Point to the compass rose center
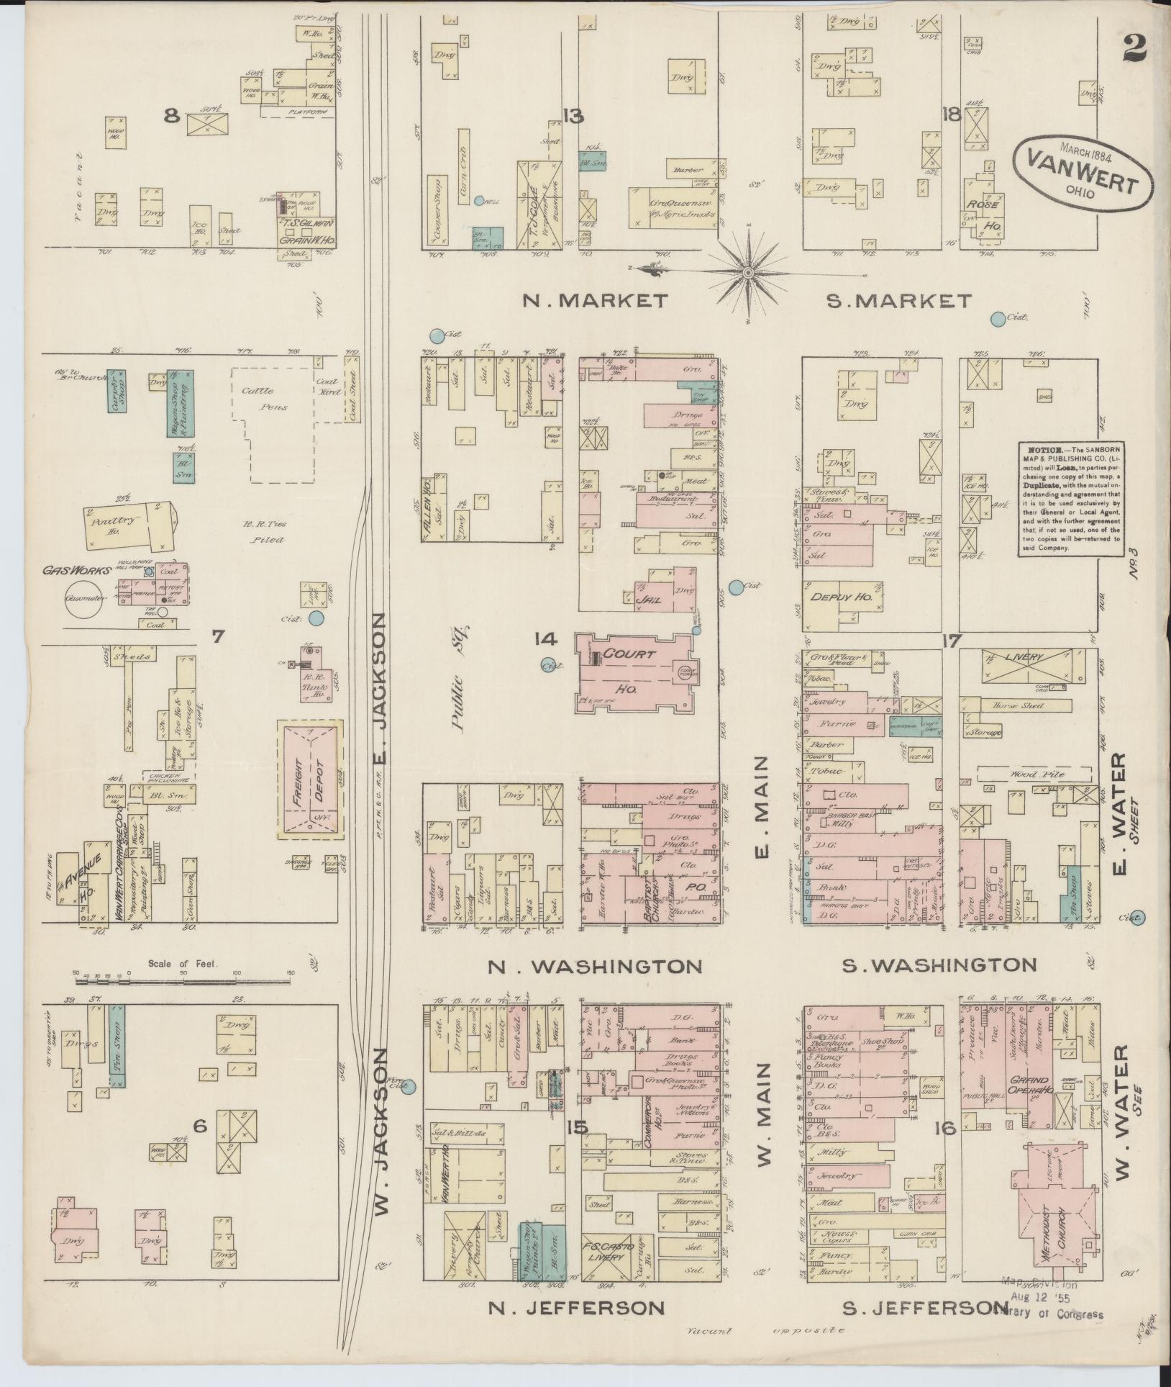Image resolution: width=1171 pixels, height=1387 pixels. pyautogui.click(x=748, y=273)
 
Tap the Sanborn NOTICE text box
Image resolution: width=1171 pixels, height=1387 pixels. pyautogui.click(x=1068, y=497)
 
